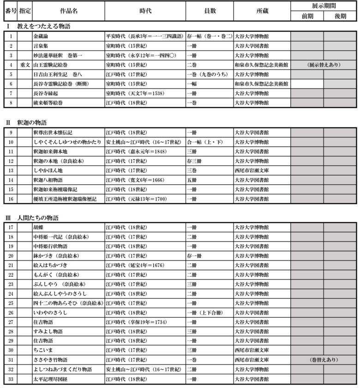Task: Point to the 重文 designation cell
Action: pos(25,64)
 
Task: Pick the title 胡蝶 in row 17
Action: pos(38,227)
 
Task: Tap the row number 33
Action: pos(11,379)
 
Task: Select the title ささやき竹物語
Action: pos(51,360)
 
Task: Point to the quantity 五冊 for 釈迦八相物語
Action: pos(192,179)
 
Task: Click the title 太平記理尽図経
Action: pos(51,379)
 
